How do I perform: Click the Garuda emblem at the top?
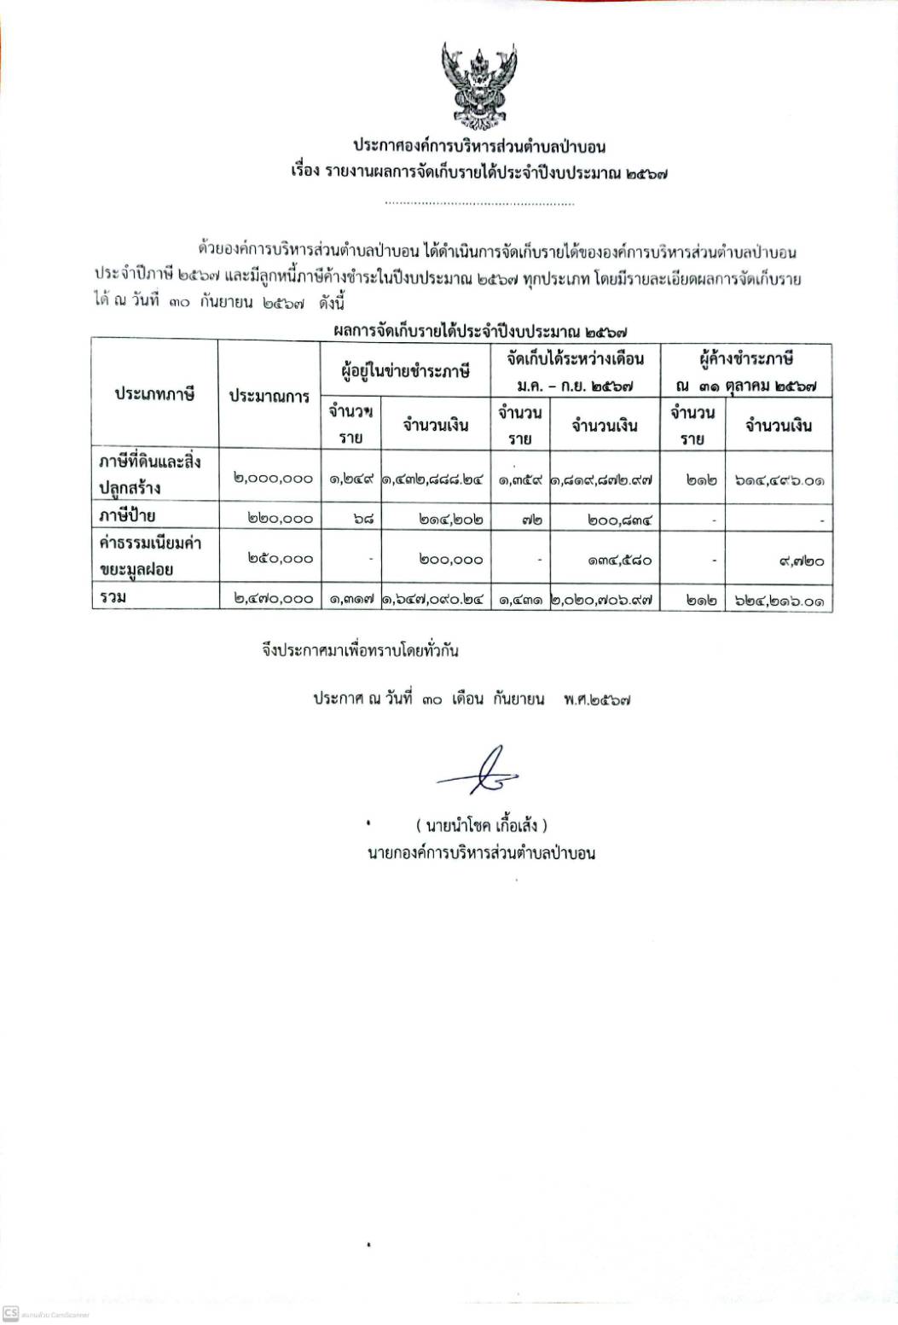(x=478, y=84)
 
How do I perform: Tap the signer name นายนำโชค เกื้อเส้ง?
(x=481, y=825)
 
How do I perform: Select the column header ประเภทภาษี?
(x=155, y=394)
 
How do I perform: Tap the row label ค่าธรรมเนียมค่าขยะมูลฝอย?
(x=149, y=555)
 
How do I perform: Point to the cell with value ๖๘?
(x=351, y=518)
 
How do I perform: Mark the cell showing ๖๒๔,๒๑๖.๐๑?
(x=779, y=601)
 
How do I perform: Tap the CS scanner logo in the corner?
(x=11, y=1313)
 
